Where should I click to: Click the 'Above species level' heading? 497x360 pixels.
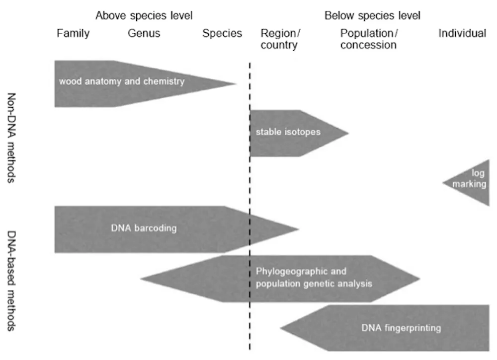coord(144,15)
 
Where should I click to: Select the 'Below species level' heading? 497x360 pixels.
coord(372,15)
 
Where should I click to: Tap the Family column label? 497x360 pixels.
coord(73,33)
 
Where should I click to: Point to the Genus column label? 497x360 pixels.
coord(144,33)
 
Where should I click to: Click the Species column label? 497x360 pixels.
coord(222,33)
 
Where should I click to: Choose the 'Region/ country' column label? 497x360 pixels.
coord(280,39)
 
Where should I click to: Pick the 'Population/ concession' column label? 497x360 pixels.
coord(369,39)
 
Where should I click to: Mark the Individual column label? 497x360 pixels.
coord(462,33)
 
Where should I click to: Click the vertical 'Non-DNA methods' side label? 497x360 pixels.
coord(11,138)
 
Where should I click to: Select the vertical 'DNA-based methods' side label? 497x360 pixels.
coord(11,281)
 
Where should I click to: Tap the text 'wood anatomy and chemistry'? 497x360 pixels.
coord(122,81)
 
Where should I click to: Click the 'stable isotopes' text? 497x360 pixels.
coord(288,132)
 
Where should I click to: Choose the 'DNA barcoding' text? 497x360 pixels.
coord(144,228)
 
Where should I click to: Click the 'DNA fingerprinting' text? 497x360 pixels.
coord(401,328)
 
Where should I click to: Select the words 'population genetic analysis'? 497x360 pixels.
coord(314,284)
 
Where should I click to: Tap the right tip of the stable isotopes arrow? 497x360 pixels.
coord(349,133)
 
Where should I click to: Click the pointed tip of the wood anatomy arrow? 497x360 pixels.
coord(236,84)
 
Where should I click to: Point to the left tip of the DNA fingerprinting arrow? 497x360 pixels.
coord(280,328)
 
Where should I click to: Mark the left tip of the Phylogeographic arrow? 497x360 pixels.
coord(141,279)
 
